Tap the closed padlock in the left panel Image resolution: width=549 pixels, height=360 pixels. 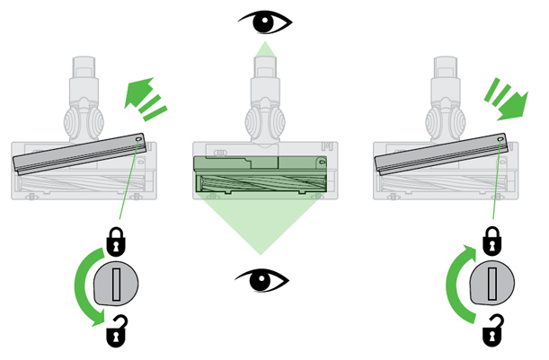pos(116,241)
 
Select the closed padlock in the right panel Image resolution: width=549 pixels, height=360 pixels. pos(491,241)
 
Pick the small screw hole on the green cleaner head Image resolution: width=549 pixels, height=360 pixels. pos(321,162)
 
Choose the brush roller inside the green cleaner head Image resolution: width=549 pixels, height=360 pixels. pos(261,184)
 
